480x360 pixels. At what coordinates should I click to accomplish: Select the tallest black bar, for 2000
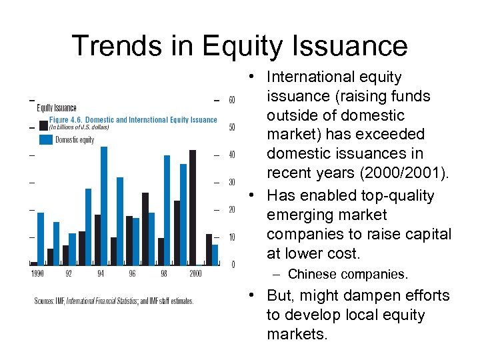(x=193, y=207)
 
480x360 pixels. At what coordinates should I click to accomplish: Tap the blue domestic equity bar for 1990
(x=40, y=238)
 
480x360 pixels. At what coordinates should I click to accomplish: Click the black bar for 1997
(x=145, y=229)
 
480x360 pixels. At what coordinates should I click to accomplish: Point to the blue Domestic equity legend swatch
(x=45, y=139)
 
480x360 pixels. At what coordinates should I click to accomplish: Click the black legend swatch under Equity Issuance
(x=43, y=125)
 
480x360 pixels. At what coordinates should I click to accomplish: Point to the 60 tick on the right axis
(x=231, y=100)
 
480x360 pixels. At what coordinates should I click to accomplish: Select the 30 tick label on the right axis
(x=231, y=183)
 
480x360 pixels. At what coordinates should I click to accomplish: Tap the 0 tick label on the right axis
(x=232, y=265)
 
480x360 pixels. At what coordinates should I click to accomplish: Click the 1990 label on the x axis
(x=37, y=274)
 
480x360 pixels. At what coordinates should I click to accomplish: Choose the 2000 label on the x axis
(x=195, y=274)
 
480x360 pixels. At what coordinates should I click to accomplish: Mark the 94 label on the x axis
(x=100, y=274)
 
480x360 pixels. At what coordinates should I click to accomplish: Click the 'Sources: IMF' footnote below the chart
(x=113, y=301)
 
